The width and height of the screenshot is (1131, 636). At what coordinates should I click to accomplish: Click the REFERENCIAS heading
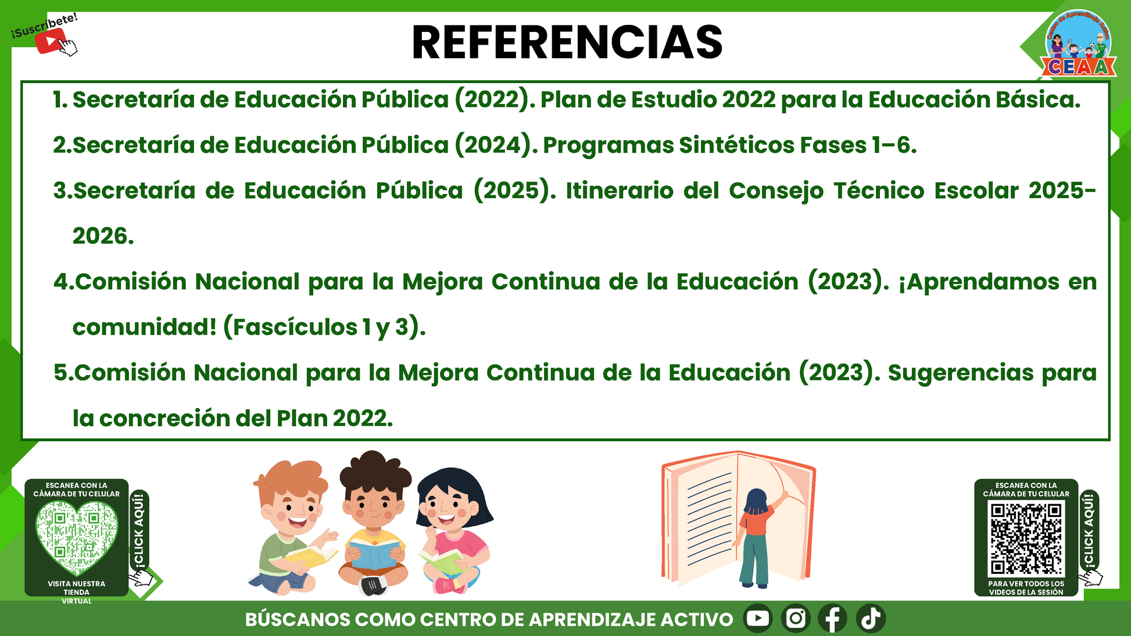pyautogui.click(x=567, y=42)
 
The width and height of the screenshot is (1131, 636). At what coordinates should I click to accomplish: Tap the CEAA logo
pyautogui.click(x=1078, y=44)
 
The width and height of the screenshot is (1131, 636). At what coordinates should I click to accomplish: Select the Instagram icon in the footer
pyautogui.click(x=796, y=618)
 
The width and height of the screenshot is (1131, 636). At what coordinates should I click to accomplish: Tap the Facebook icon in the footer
pyautogui.click(x=833, y=618)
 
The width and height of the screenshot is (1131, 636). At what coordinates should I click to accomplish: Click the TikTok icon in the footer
pyautogui.click(x=871, y=618)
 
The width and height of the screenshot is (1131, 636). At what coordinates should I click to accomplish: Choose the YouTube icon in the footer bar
pyautogui.click(x=758, y=618)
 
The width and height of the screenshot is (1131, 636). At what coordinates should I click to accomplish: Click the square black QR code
pyautogui.click(x=1026, y=538)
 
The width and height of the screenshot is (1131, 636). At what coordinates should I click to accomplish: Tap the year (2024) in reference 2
pyautogui.click(x=496, y=145)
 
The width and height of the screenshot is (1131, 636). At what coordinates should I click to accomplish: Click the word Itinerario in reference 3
pyautogui.click(x=620, y=191)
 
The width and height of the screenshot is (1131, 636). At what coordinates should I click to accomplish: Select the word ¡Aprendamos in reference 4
pyautogui.click(x=979, y=282)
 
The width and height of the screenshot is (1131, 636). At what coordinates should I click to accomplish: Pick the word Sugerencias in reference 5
pyautogui.click(x=961, y=373)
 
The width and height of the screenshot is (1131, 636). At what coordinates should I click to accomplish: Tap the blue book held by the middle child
pyautogui.click(x=374, y=554)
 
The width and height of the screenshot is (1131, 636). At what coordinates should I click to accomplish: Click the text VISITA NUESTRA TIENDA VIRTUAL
pyautogui.click(x=77, y=592)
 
